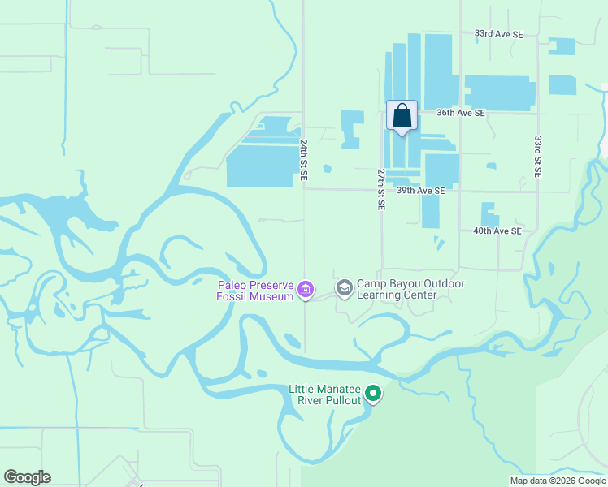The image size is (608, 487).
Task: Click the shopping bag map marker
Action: pos(402,116)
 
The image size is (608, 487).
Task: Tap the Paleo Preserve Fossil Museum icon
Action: pos(306,289)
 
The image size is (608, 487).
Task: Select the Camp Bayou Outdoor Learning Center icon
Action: pos(345,288)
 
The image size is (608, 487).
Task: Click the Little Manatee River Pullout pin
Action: pos(373,394)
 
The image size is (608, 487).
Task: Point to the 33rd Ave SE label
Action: pos(499,35)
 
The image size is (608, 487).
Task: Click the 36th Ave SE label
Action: pos(460,113)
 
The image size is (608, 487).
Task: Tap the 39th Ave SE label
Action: pos(420,191)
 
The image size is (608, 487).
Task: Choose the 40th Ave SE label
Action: pos(497,231)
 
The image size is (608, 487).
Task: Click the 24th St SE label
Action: pos(302,158)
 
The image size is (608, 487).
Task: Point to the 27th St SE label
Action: pos(380,190)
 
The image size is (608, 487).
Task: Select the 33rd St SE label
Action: pos(537,157)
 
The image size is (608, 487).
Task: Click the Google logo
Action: pos(27,477)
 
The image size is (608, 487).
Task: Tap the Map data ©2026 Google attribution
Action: pos(558,481)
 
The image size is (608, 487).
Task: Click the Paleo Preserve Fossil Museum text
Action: pos(254,290)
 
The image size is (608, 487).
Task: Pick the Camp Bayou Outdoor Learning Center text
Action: pos(410,289)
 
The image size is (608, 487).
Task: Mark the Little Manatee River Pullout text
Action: pos(324,395)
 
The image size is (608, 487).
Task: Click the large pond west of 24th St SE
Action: pos(260,166)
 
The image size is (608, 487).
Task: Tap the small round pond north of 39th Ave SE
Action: pos(327,169)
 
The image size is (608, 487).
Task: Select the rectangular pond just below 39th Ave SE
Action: pos(430,211)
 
